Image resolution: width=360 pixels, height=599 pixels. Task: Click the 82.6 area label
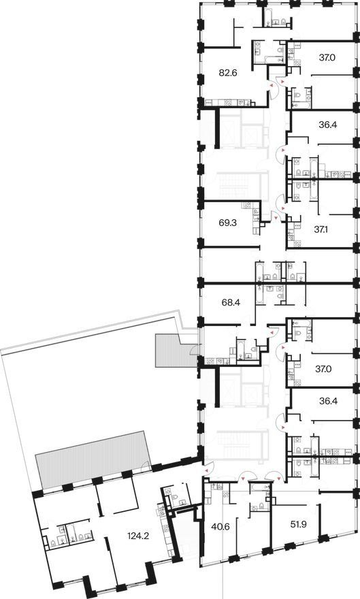point(228,72)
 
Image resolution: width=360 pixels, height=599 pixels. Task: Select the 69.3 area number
point(228,223)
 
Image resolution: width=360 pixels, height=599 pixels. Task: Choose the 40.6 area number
point(220,528)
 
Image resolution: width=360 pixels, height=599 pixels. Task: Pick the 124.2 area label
point(139,536)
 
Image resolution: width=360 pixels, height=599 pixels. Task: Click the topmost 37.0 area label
point(327,58)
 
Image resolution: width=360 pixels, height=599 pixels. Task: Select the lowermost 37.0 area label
point(323,369)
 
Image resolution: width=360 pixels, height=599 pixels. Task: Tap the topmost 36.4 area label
point(327,125)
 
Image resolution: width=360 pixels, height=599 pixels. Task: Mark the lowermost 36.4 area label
point(327,402)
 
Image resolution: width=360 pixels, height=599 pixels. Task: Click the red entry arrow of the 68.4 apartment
point(271,334)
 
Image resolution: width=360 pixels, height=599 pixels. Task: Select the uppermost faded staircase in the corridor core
point(234,184)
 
